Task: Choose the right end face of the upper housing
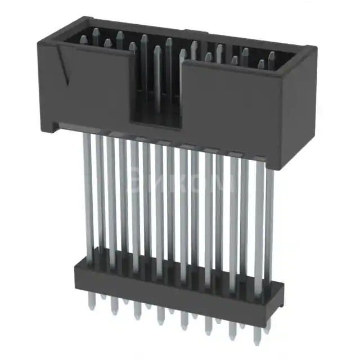point(298,107)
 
